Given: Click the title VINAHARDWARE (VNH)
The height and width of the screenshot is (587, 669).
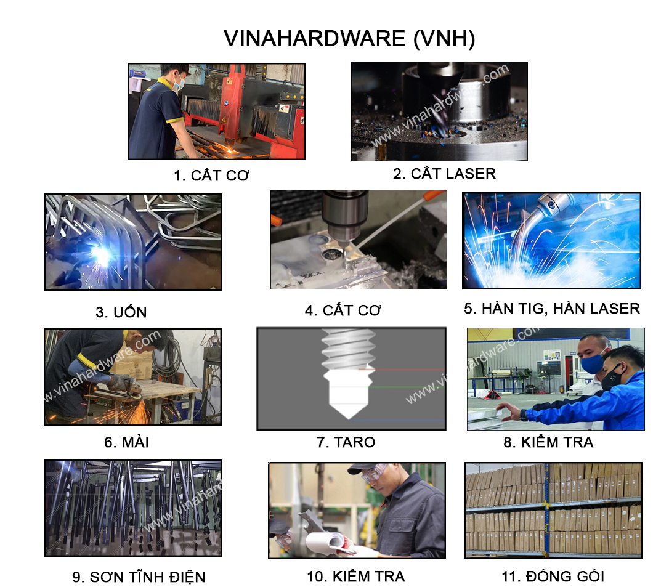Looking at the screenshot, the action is [x=349, y=38].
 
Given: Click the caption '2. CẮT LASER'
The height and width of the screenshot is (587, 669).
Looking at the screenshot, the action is [x=444, y=174].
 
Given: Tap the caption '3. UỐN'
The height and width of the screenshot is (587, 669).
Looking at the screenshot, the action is [x=121, y=312].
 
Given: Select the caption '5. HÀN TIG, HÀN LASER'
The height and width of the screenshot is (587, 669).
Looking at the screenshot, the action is [x=552, y=309].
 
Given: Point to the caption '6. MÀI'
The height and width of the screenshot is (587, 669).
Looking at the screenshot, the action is [x=126, y=442].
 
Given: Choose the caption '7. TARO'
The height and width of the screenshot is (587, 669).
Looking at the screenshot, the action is [x=346, y=442].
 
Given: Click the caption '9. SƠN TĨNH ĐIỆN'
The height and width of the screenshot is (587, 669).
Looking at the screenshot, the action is [x=139, y=577].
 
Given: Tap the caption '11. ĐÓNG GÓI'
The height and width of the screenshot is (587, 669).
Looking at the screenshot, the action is [x=553, y=576].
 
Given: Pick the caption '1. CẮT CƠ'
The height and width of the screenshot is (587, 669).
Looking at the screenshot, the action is [x=212, y=175].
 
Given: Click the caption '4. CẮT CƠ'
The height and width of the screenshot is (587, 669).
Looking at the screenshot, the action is [x=343, y=310].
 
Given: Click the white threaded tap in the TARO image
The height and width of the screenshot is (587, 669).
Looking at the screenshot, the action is [x=349, y=373].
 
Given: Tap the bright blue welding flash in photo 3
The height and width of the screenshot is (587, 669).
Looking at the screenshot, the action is [x=101, y=255].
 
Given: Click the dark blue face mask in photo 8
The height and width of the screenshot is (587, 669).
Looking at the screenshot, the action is [x=593, y=364].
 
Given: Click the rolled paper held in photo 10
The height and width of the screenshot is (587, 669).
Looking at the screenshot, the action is [x=328, y=542].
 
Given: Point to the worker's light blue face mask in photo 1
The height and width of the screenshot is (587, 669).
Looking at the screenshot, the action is [x=179, y=84].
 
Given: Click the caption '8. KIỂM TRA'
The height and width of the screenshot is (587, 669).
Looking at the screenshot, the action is [x=548, y=442].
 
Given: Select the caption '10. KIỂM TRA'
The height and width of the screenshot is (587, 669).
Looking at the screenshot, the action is [x=356, y=576].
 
